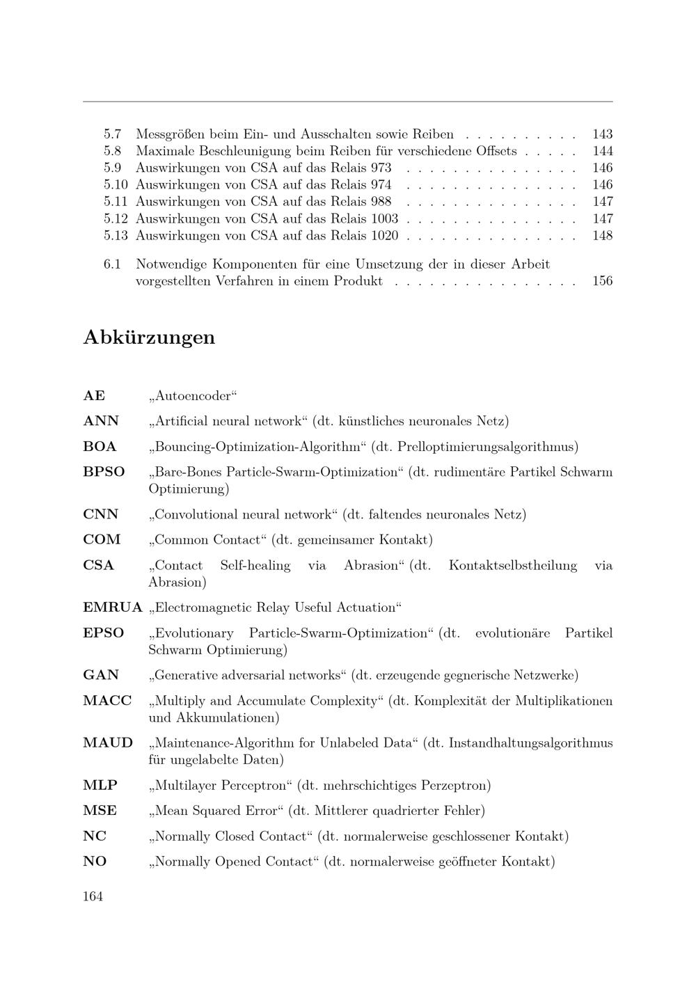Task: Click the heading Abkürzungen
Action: pyautogui.click(x=149, y=338)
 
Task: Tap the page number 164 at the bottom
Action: pyautogui.click(x=93, y=896)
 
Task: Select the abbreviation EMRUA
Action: pyautogui.click(x=112, y=608)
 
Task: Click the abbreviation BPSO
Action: pyautogui.click(x=104, y=472)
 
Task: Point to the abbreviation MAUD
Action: pyautogui.click(x=108, y=743)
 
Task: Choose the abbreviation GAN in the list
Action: pyautogui.click(x=101, y=675)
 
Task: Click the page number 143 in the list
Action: pyautogui.click(x=602, y=134)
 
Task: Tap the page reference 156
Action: pyautogui.click(x=602, y=281)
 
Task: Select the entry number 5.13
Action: pyautogui.click(x=116, y=235)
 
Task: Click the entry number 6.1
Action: pyautogui.click(x=112, y=264)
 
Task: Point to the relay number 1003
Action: pyautogui.click(x=385, y=219)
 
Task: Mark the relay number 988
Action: pyautogui.click(x=381, y=202)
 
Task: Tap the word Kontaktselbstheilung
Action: pyautogui.click(x=512, y=565)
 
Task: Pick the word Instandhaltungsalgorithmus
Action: pyautogui.click(x=530, y=743)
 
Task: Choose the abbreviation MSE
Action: pyautogui.click(x=100, y=811)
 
